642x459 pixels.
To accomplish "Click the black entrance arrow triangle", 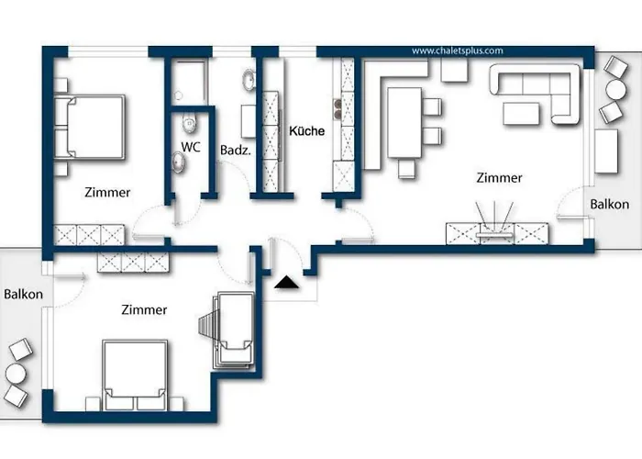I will (x=287, y=285).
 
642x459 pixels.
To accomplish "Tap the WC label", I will (x=191, y=147).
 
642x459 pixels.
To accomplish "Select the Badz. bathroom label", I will (x=235, y=150).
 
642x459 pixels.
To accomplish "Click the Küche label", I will (x=306, y=131).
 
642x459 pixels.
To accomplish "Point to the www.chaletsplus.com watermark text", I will (x=458, y=51).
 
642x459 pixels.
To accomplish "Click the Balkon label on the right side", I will (x=610, y=204).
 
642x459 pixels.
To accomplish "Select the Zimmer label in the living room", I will (x=499, y=178).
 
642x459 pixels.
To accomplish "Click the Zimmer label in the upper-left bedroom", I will (x=107, y=193).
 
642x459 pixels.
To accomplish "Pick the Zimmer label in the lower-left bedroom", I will (x=144, y=310).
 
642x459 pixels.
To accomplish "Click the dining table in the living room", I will (x=404, y=121).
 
